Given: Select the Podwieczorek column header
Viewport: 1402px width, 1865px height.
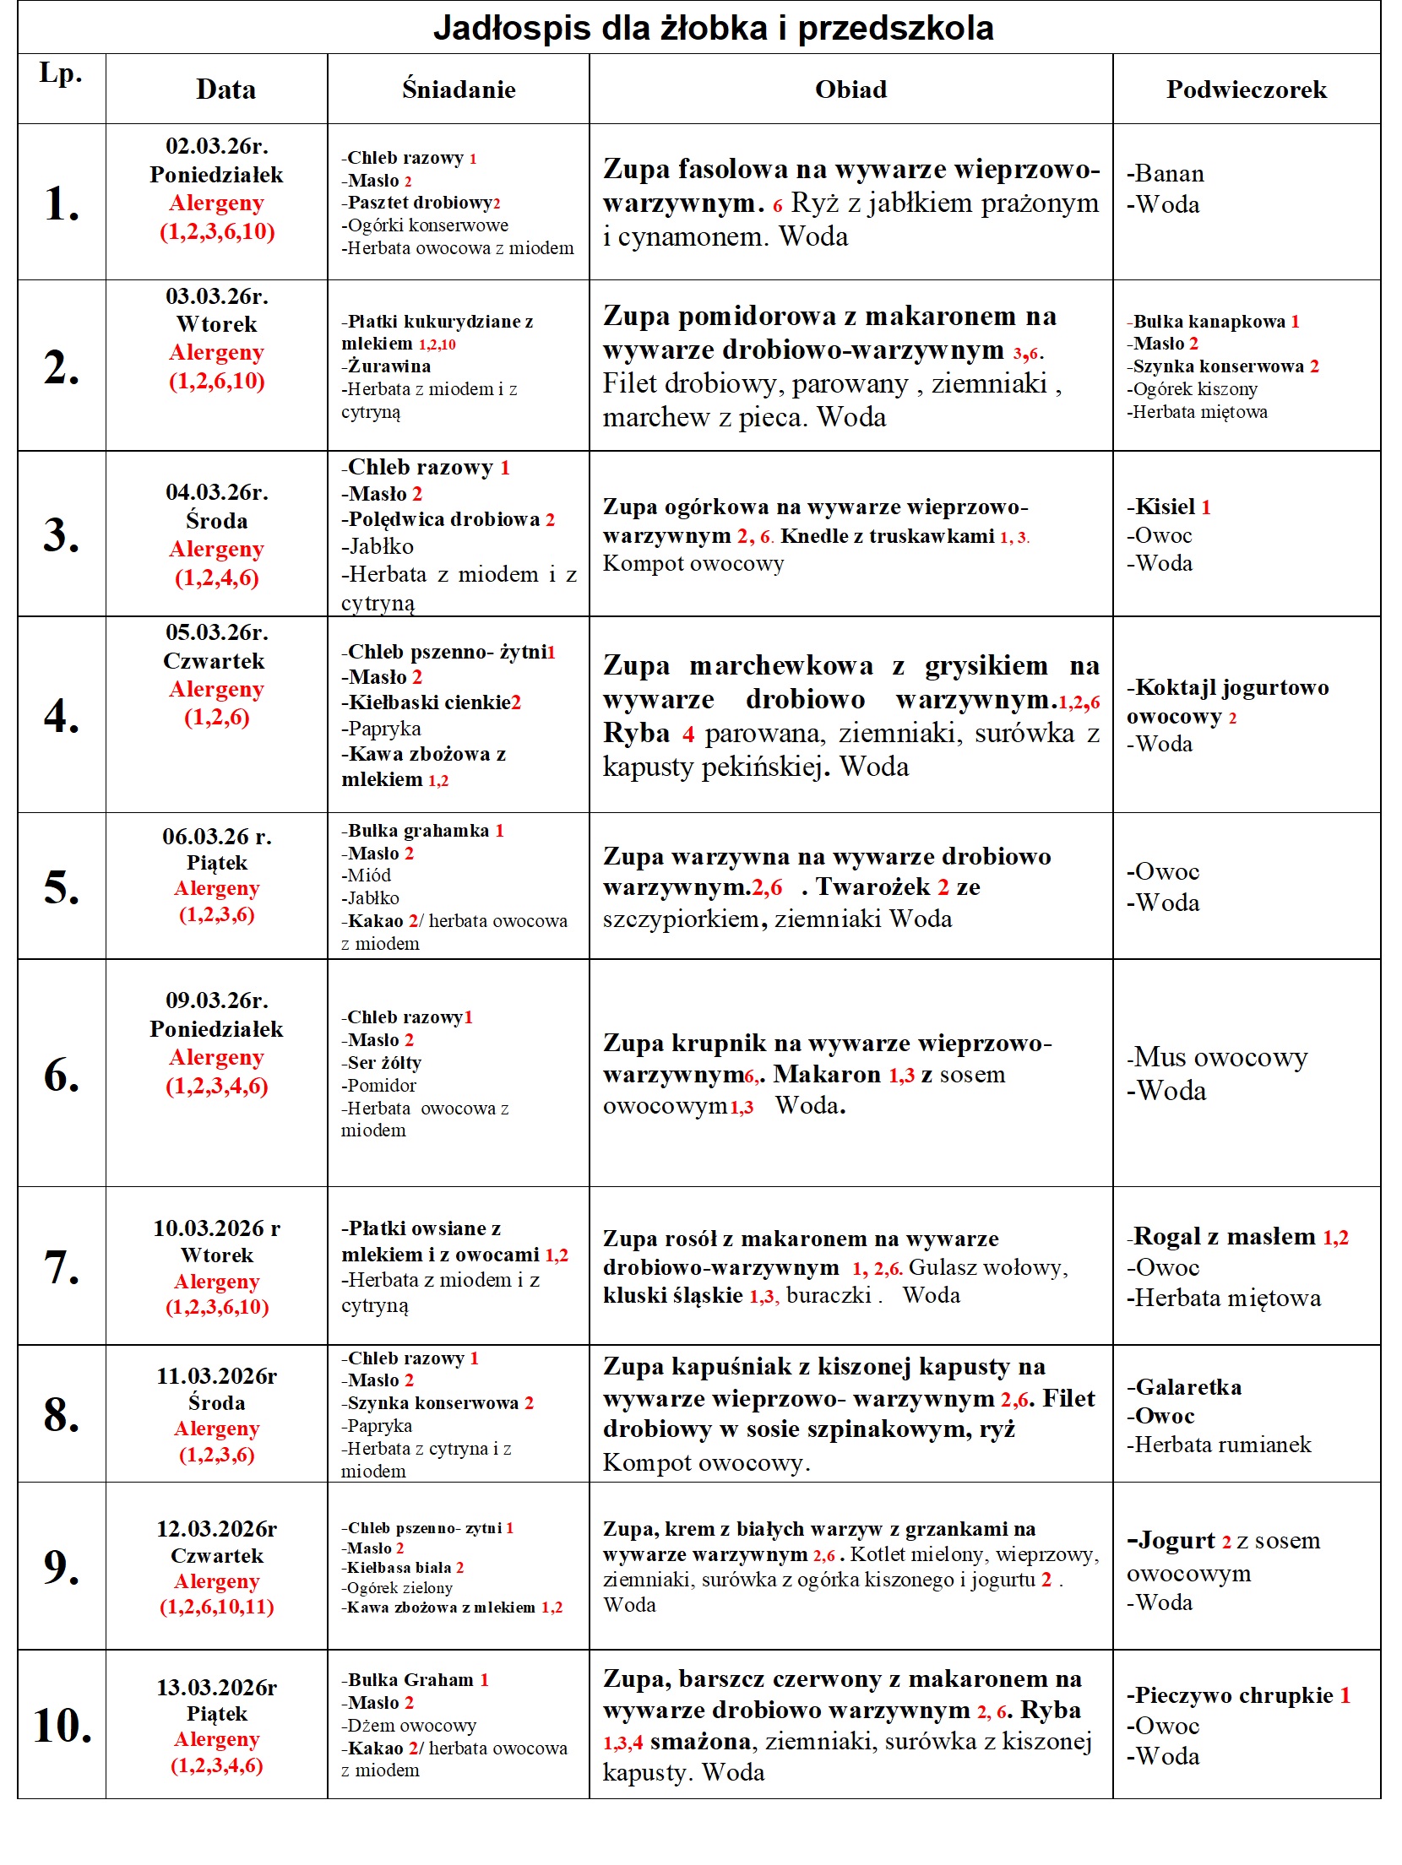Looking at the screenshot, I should click(1246, 89).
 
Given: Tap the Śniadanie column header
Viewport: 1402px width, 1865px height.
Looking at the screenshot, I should click(459, 89).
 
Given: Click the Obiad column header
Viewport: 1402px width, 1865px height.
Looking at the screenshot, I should click(850, 89).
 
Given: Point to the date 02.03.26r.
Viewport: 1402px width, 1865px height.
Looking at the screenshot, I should click(217, 146).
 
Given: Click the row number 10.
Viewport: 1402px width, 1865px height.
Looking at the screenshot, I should click(62, 1726).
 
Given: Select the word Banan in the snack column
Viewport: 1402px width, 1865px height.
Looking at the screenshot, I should click(1169, 173).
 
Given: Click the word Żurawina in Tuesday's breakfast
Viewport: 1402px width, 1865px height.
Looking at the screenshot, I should click(389, 366).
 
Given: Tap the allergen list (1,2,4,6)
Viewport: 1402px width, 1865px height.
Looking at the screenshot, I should click(217, 578).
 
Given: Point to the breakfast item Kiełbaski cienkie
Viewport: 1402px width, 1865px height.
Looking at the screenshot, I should click(429, 702).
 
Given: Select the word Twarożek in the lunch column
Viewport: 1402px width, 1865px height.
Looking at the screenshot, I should click(873, 887).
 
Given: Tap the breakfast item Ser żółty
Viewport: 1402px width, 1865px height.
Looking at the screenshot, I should click(384, 1063).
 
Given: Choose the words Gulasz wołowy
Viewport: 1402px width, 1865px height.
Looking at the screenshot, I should click(988, 1267).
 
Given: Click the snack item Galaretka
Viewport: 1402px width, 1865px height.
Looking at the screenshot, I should click(1187, 1387).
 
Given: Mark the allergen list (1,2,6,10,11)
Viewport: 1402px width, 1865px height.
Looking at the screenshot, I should click(217, 1607).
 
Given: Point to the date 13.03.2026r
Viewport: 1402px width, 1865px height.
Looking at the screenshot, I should click(217, 1688).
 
